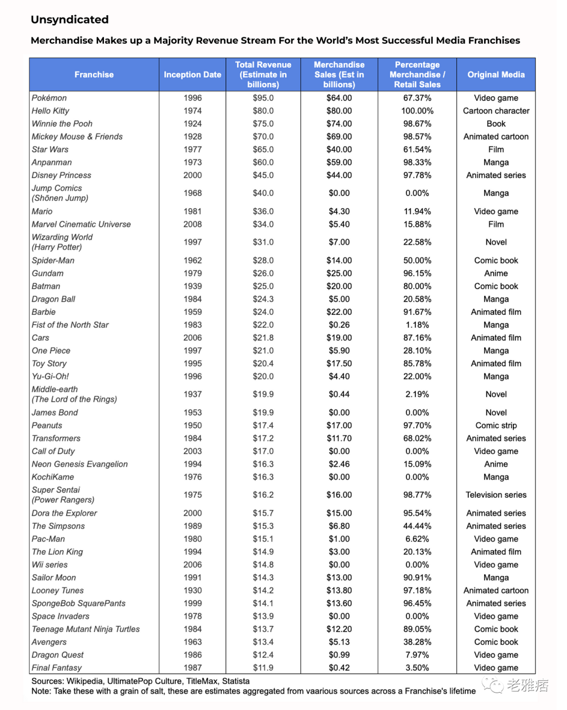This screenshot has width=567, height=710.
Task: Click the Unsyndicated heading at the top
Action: [70, 20]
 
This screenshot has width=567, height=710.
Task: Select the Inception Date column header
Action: [192, 75]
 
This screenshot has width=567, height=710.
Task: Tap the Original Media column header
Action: [496, 75]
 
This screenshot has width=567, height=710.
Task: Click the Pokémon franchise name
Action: [49, 98]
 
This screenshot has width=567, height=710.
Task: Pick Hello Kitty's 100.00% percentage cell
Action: [417, 111]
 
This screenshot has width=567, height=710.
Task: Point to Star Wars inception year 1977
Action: [193, 149]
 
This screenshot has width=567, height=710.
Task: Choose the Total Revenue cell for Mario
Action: [263, 211]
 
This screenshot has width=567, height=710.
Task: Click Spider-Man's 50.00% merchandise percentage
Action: [417, 260]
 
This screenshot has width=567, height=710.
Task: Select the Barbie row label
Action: [44, 312]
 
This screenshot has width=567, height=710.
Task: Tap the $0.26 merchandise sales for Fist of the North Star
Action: [339, 325]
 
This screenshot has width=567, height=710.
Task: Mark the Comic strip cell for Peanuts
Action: [496, 425]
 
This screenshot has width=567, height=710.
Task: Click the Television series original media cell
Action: [496, 495]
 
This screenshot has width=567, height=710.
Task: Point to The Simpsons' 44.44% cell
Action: [417, 526]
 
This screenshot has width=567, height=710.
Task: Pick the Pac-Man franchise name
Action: [48, 539]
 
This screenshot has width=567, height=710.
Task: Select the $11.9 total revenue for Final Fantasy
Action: [263, 667]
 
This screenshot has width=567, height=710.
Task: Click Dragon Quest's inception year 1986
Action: [193, 655]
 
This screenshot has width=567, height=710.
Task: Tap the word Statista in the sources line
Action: [236, 681]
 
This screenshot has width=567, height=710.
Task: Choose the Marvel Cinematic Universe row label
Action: [81, 224]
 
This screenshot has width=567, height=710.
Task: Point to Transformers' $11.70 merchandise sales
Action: [339, 438]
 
